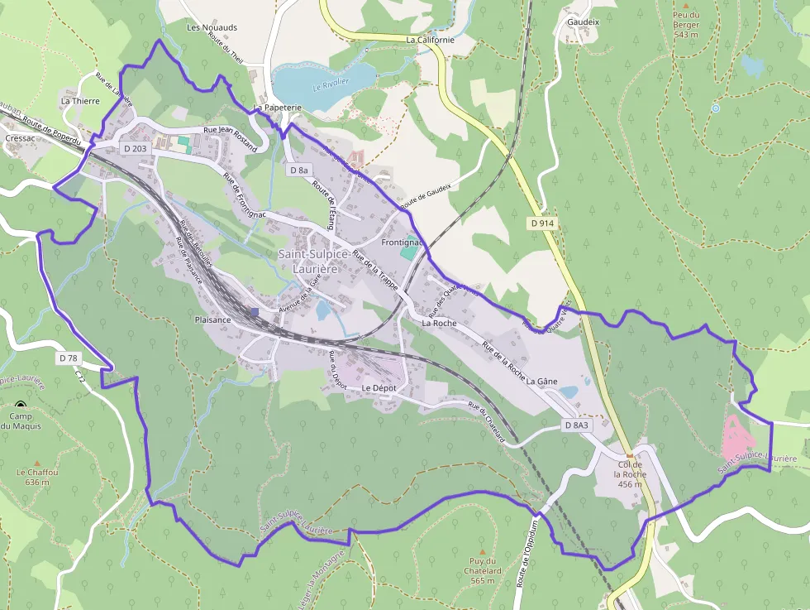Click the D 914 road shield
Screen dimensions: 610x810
542,223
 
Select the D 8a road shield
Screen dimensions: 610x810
299,170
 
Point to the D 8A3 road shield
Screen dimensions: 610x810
577,425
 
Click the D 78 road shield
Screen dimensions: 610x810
68,358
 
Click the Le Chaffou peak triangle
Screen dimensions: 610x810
37,462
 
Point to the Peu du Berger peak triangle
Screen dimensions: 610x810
685,5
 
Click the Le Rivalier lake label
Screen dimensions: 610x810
331,84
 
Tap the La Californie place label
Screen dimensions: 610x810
431,39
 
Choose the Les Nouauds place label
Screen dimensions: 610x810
212,27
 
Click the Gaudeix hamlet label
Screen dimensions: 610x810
583,22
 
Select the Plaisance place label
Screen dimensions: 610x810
212,319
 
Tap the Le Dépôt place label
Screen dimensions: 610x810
379,387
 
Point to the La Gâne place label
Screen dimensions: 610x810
541,382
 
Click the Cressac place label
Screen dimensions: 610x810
20,138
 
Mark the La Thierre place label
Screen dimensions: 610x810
80,101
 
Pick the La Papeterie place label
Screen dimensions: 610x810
278,108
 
